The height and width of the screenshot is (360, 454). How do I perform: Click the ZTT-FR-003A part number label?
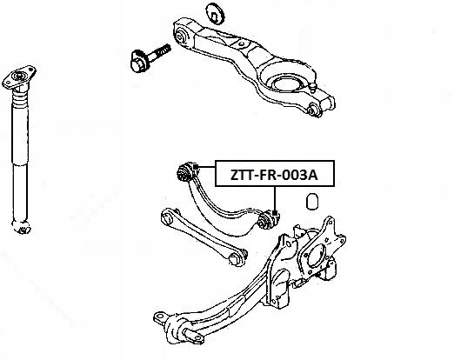tap(274, 175)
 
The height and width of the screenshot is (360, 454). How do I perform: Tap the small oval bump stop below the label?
tap(312, 201)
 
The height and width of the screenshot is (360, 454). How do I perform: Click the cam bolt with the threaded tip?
tap(150, 57)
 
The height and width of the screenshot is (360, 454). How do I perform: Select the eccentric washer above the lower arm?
tap(215, 13)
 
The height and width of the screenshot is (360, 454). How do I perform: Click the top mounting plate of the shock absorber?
tap(19, 77)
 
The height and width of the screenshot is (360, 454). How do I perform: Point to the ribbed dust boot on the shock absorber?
tap(20, 97)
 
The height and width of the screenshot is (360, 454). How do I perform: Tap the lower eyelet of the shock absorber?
tap(22, 227)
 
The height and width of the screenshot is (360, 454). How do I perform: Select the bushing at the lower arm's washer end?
tap(183, 35)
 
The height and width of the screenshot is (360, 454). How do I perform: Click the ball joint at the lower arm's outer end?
tap(314, 110)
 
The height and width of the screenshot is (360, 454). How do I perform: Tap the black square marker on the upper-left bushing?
tap(196, 167)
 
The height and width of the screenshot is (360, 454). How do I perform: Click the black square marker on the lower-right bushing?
tap(275, 213)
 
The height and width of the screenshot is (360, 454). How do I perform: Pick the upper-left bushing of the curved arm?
tap(184, 172)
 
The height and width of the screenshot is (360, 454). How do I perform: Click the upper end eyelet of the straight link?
tap(168, 216)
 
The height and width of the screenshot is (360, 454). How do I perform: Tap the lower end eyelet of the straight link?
tap(237, 257)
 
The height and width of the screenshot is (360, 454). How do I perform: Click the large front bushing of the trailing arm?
tap(180, 329)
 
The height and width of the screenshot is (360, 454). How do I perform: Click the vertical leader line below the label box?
tap(275, 199)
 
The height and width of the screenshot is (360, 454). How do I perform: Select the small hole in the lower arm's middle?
tap(241, 44)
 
